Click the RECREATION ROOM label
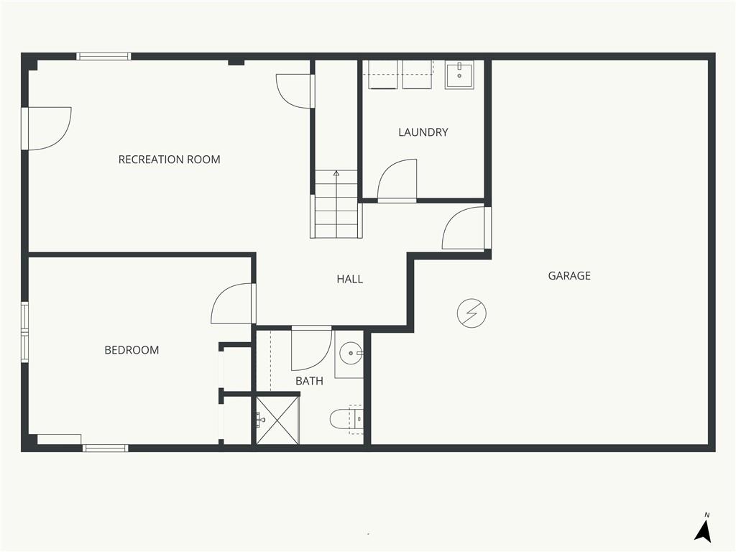[169, 160]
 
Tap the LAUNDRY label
[423, 132]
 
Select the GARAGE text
[569, 275]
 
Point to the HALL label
[350, 280]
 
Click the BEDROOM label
[132, 350]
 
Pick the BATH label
[309, 381]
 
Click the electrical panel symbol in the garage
[471, 313]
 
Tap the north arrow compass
[703, 530]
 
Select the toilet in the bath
[346, 418]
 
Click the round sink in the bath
[351, 353]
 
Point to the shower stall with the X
[277, 420]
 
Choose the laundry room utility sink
[459, 75]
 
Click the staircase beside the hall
[336, 203]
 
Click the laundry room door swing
[397, 179]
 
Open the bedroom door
[232, 304]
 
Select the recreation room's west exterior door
[47, 129]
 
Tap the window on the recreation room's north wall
[103, 56]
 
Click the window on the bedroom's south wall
[105, 448]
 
